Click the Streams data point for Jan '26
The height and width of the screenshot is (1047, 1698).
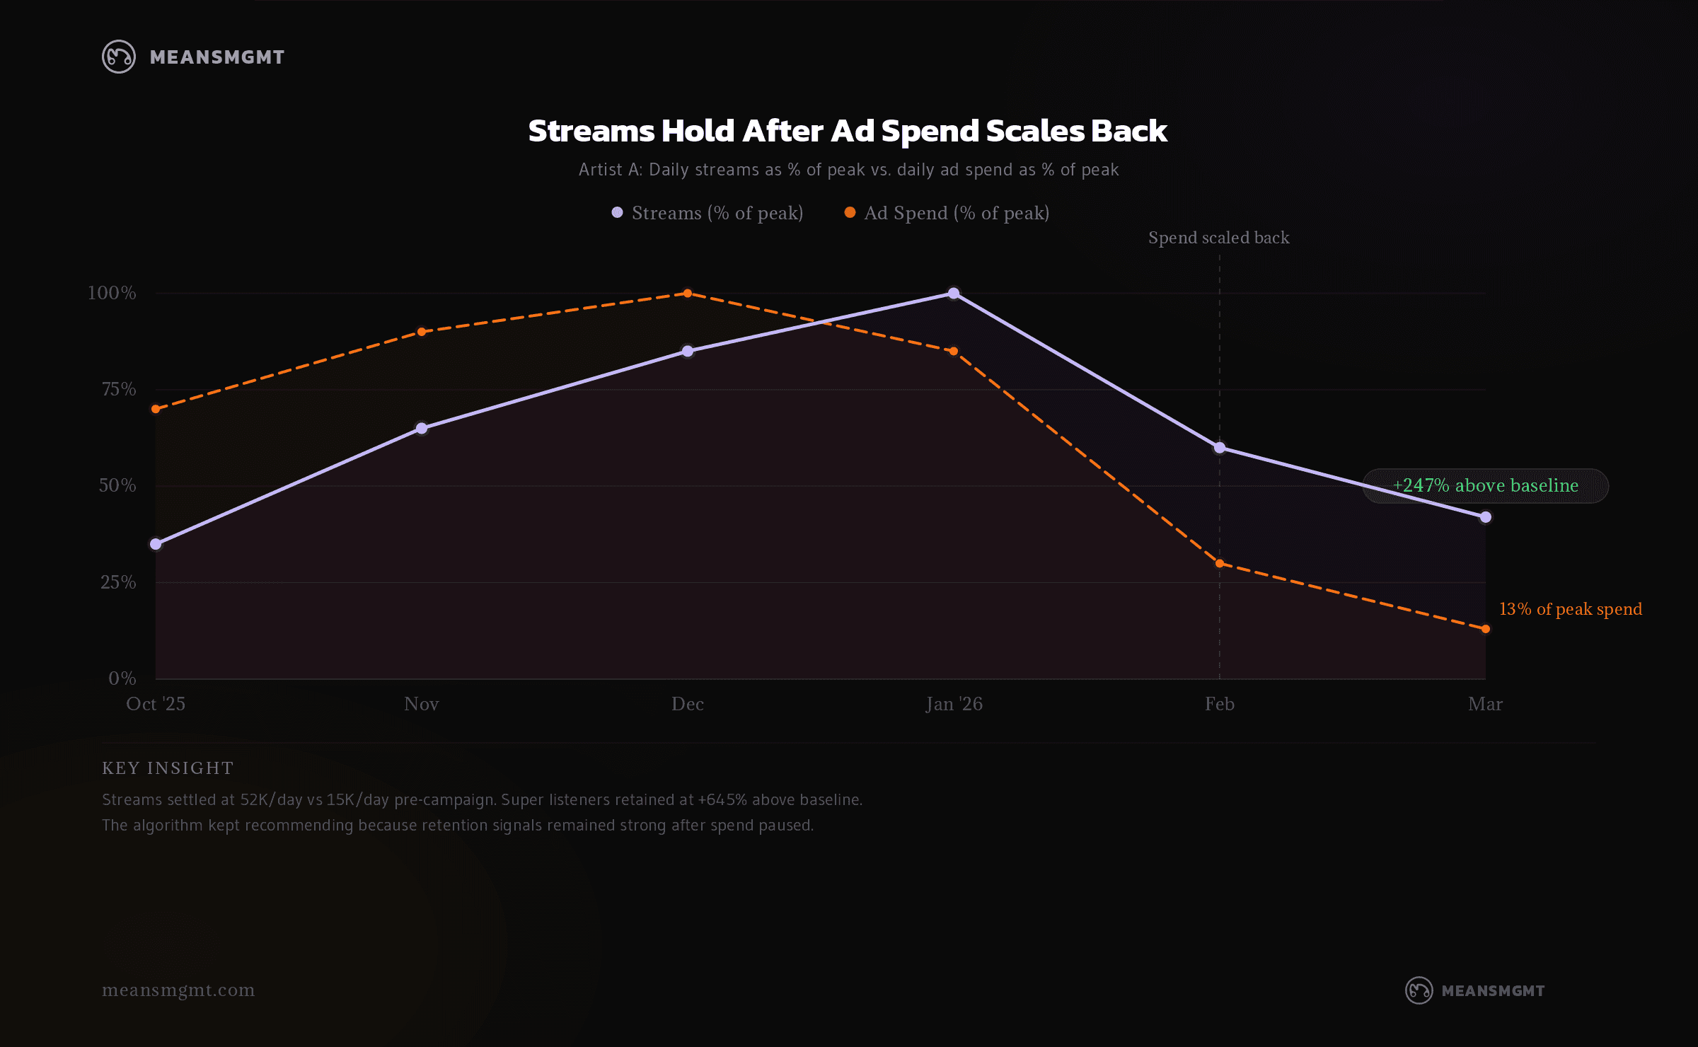pos(954,293)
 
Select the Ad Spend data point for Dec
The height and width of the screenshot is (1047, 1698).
pos(688,293)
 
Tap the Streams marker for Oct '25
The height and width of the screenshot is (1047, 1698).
pos(156,544)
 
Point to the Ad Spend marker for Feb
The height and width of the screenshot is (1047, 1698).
pos(1220,563)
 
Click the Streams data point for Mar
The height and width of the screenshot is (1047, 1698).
pos(1486,517)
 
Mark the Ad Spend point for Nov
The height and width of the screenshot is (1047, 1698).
pos(422,331)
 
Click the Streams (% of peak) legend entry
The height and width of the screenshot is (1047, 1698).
pos(707,213)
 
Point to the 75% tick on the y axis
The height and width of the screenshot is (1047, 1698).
pos(119,389)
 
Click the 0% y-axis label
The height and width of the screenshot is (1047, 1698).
pos(122,678)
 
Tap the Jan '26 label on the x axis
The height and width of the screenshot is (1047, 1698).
pos(954,704)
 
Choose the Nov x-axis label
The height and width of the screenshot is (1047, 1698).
pos(422,704)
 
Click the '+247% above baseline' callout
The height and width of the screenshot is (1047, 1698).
pos(1486,485)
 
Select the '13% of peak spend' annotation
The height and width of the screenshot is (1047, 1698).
pos(1571,609)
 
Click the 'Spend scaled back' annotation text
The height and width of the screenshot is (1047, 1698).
pos(1218,238)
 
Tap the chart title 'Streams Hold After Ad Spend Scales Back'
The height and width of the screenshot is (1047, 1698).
pos(848,131)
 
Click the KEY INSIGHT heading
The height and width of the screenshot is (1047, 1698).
pos(168,768)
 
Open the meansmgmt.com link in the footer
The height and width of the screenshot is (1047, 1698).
pos(178,990)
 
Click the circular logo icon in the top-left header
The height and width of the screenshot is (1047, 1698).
pos(119,57)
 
